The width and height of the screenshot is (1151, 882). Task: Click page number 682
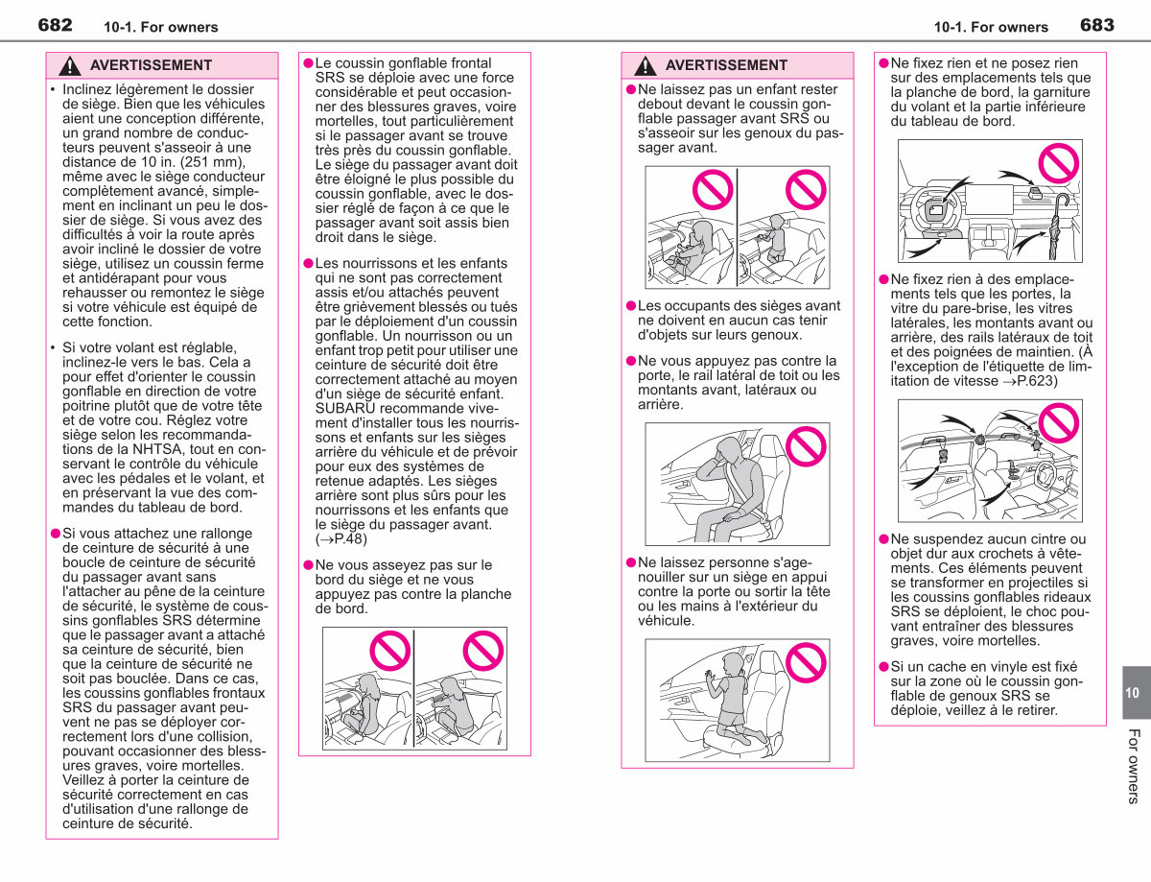click(55, 25)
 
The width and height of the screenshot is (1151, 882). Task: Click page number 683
click(1097, 25)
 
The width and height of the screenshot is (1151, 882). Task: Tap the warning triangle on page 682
click(70, 66)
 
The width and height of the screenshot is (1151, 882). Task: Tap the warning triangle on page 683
click(646, 66)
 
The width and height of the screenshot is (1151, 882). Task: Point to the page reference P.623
click(1037, 381)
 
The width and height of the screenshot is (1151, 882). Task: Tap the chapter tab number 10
click(1132, 693)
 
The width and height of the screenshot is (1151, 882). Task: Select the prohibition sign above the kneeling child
click(806, 662)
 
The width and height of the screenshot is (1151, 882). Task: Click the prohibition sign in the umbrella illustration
click(1059, 163)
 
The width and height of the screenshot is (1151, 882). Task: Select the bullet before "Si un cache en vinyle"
click(883, 667)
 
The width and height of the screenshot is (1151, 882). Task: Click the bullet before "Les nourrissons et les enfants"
click(308, 264)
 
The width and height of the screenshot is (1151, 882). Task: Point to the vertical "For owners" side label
click(1133, 766)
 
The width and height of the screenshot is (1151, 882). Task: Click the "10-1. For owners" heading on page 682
click(161, 27)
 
